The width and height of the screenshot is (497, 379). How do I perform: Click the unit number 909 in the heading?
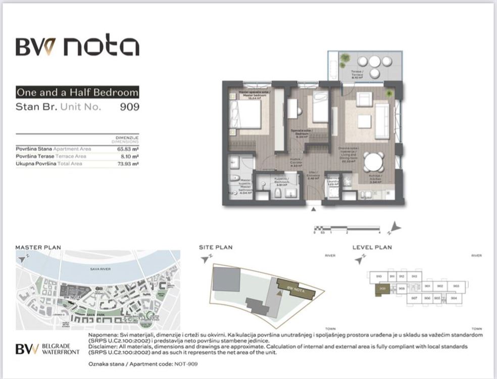click(129, 107)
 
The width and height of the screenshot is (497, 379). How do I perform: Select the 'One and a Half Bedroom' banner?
click(77, 92)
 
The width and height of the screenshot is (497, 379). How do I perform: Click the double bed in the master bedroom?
click(246, 115)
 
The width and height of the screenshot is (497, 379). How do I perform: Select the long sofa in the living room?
click(382, 121)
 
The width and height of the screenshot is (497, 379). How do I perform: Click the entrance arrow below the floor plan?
click(314, 208)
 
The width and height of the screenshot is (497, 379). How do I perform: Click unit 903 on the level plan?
click(456, 286)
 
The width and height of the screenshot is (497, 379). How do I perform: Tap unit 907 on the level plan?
click(414, 298)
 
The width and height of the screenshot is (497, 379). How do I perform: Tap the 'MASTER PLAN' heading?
click(38, 248)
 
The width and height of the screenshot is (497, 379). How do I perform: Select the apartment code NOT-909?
click(186, 364)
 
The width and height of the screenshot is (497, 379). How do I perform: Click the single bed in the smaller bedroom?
click(320, 108)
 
